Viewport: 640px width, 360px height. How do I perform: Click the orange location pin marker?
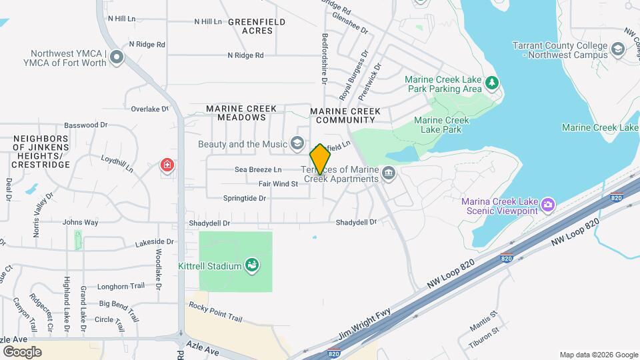pyautogui.click(x=321, y=159)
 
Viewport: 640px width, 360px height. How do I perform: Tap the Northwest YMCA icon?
pyautogui.click(x=117, y=57)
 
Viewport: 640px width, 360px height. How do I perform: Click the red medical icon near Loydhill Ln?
pyautogui.click(x=166, y=165)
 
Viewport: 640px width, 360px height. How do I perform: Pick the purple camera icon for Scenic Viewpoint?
pyautogui.click(x=548, y=203)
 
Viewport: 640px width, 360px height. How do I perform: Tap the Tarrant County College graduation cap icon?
pyautogui.click(x=618, y=49)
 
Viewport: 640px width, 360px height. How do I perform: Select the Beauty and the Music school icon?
pyautogui.click(x=297, y=144)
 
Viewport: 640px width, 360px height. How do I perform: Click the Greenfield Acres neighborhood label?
pyautogui.click(x=257, y=26)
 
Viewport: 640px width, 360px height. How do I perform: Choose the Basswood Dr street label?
pyautogui.click(x=86, y=125)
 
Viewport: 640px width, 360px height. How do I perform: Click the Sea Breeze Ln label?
pyautogui.click(x=257, y=169)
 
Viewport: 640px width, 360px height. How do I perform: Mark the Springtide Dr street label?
pyautogui.click(x=244, y=198)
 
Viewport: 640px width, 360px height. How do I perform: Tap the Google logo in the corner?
pyautogui.click(x=22, y=351)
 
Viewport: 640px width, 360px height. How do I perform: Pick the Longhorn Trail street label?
pyautogui.click(x=121, y=286)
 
